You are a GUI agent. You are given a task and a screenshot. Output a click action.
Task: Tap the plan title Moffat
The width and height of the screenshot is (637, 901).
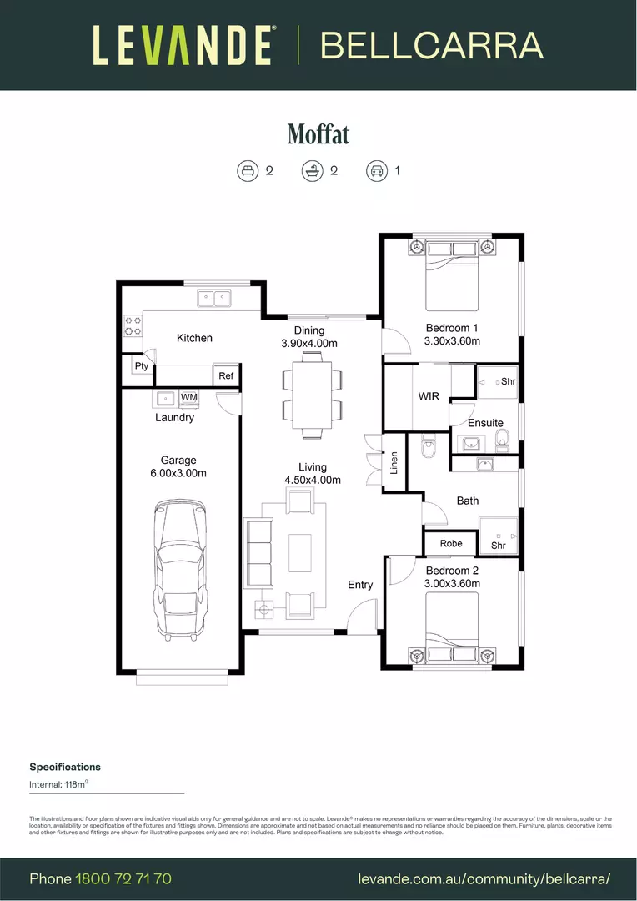pyautogui.click(x=318, y=133)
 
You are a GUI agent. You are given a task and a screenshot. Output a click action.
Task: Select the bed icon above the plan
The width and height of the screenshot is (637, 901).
pyautogui.click(x=248, y=171)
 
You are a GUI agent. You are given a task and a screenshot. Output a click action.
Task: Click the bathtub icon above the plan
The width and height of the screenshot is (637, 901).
pyautogui.click(x=313, y=171)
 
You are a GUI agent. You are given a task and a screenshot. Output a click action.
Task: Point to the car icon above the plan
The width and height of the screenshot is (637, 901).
pyautogui.click(x=377, y=171)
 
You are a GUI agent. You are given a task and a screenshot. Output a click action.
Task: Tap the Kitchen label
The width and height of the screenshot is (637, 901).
pyautogui.click(x=194, y=338)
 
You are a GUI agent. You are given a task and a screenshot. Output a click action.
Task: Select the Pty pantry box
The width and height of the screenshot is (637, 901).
pyautogui.click(x=141, y=366)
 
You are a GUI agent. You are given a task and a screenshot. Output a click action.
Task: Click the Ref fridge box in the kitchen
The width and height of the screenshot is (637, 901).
pyautogui.click(x=226, y=376)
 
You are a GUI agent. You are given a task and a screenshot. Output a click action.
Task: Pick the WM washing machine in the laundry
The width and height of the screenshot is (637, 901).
pyautogui.click(x=189, y=397)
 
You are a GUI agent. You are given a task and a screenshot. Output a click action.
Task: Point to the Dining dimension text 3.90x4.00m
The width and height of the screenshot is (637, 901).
pyautogui.click(x=309, y=343)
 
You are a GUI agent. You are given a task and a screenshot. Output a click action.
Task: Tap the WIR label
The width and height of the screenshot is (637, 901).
pyautogui.click(x=429, y=396)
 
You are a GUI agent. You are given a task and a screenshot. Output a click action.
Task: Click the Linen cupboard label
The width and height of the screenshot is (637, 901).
pyautogui.click(x=394, y=464)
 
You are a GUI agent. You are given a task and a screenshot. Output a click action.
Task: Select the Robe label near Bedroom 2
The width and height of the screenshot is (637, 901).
pyautogui.click(x=450, y=543)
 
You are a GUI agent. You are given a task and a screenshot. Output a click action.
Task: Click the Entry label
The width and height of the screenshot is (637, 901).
pyautogui.click(x=360, y=585)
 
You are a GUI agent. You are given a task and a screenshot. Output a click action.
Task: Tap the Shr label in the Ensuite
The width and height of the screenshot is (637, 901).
pyautogui.click(x=509, y=381)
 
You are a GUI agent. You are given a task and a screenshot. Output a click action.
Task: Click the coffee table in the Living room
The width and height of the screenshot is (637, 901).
pyautogui.click(x=300, y=552)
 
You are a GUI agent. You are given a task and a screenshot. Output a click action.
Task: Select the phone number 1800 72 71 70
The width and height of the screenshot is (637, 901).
pyautogui.click(x=123, y=878)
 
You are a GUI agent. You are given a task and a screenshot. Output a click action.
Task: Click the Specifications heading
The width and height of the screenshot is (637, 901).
pyautogui.click(x=65, y=767)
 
